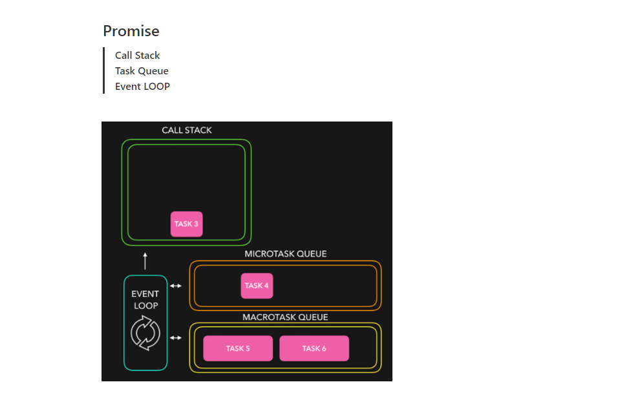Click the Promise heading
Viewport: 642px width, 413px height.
click(131, 31)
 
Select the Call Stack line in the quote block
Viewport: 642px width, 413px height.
click(137, 56)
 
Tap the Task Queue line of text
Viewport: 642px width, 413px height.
click(142, 71)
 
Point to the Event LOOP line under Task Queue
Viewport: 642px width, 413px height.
click(142, 87)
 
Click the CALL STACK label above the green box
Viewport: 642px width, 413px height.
click(187, 131)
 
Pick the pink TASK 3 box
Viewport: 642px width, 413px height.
click(186, 224)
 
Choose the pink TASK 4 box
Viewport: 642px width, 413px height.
click(257, 286)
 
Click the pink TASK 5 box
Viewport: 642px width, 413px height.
click(238, 348)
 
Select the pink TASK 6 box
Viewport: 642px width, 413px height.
click(314, 348)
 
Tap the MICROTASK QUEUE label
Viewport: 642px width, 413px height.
click(286, 254)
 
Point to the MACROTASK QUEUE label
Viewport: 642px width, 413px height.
click(285, 317)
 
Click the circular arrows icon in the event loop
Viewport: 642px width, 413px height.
click(145, 334)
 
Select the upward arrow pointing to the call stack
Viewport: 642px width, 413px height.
click(145, 260)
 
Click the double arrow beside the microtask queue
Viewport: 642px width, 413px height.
click(175, 286)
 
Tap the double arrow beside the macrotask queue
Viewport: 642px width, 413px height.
click(175, 337)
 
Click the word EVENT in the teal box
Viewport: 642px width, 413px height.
click(145, 294)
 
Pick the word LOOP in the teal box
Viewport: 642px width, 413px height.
click(145, 306)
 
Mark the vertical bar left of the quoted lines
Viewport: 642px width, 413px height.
click(103, 70)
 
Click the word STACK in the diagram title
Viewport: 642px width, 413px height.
click(199, 131)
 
